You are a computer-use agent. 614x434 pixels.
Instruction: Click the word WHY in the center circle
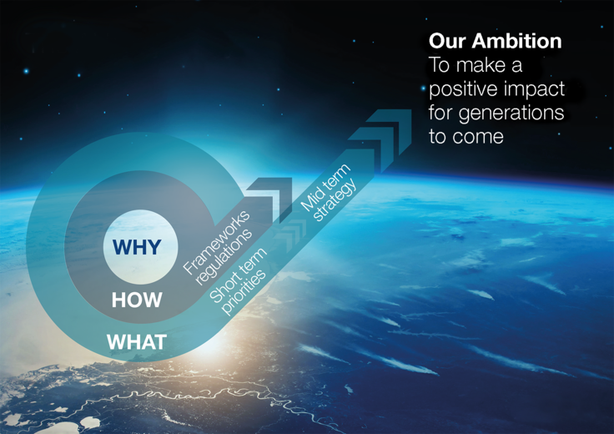pyautogui.click(x=137, y=247)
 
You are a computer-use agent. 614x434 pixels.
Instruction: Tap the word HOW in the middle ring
pyautogui.click(x=137, y=300)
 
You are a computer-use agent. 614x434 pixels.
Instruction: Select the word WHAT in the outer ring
pyautogui.click(x=137, y=341)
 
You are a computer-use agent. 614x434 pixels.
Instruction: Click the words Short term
pyautogui.click(x=238, y=276)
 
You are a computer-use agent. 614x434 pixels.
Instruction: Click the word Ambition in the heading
pyautogui.click(x=519, y=40)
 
